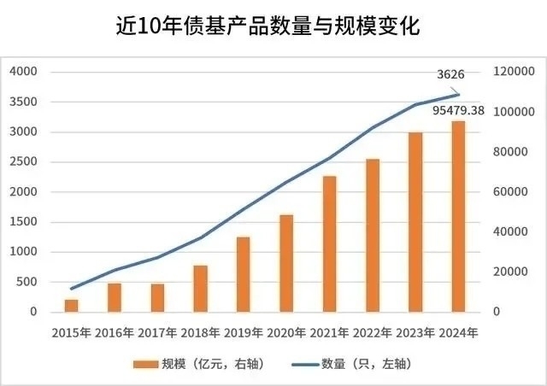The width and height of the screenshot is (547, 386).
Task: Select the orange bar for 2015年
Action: point(71,305)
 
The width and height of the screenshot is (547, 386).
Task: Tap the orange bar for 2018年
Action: point(200,289)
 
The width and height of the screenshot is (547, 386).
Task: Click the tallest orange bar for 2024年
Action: point(459,217)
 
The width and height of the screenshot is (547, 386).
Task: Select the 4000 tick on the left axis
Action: point(24,72)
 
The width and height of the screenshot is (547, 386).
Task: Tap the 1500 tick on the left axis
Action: point(24,222)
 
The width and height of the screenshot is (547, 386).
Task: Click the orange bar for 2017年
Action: point(157,297)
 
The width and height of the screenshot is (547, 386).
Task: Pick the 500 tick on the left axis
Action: point(27,282)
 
